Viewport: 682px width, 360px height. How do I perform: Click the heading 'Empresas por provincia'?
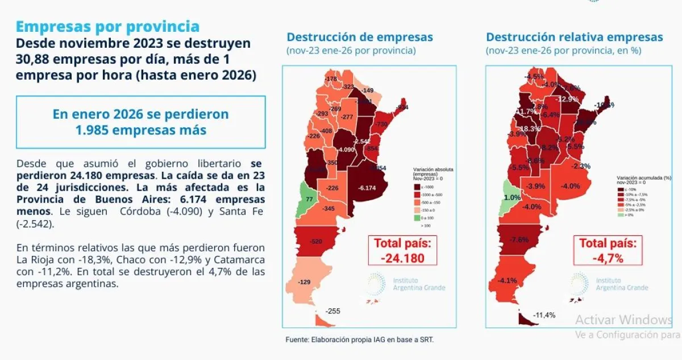coord(107,26)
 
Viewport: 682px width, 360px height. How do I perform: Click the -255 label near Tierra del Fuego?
coord(333,311)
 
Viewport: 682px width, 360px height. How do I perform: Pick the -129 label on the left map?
coord(306,282)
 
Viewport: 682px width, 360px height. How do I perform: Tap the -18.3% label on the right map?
coord(530,129)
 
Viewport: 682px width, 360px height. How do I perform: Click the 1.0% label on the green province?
coord(512,197)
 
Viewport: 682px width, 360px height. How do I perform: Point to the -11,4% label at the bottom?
coord(544,315)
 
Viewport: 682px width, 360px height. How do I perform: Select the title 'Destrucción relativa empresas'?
coord(574,38)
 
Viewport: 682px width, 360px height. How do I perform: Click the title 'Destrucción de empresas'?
coord(360,38)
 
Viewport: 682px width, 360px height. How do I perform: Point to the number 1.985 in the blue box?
coord(92,130)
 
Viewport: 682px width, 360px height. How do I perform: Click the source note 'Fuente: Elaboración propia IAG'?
coord(359,340)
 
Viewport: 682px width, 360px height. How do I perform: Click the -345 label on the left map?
coord(328,209)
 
